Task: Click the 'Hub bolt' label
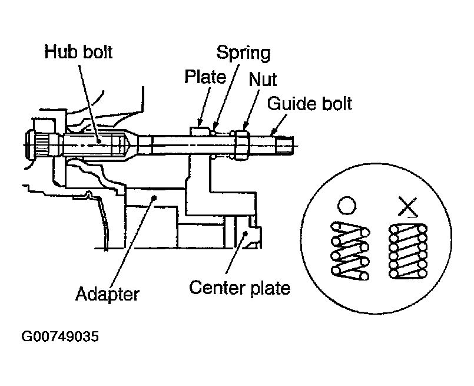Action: coord(79,52)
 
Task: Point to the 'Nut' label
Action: coord(263,79)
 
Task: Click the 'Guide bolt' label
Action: coord(310,104)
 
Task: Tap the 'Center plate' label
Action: coord(239,289)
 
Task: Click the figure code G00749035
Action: coord(60,338)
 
